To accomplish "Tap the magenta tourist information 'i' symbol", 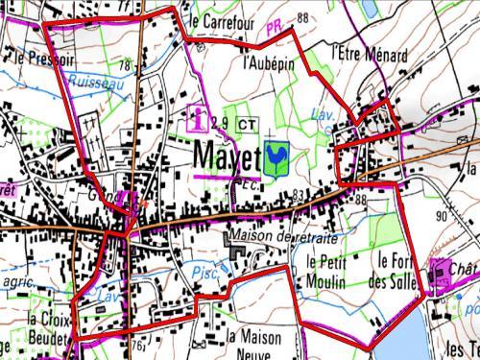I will click(x=200, y=119).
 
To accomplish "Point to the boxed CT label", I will click(x=246, y=123).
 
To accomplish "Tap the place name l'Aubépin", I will click(x=268, y=64).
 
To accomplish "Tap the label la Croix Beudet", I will click(x=48, y=327).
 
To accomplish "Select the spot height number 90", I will click(x=442, y=217).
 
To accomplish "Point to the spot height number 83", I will click(x=298, y=195).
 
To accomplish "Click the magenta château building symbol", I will click(x=443, y=276).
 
